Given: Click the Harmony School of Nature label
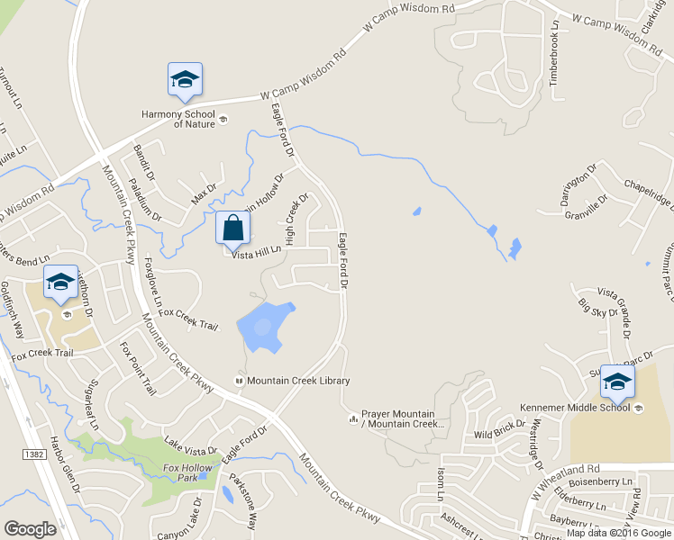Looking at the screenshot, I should (x=178, y=119).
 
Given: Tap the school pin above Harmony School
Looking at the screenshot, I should (x=185, y=79).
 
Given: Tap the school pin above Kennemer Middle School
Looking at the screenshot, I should (x=617, y=382).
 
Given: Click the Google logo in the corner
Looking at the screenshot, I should (x=31, y=528).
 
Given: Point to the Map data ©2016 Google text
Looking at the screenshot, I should (x=618, y=533).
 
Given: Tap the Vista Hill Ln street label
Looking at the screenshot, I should (x=257, y=255).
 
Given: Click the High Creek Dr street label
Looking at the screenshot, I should (x=296, y=220).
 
